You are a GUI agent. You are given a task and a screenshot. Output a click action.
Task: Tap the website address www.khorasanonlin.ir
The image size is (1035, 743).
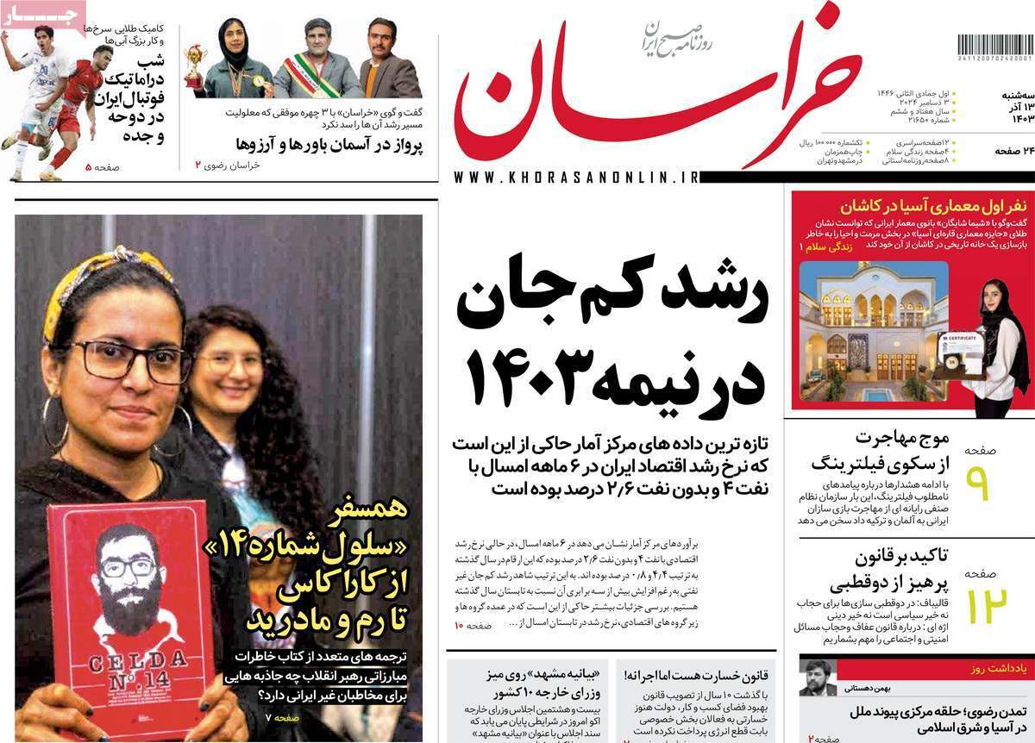(x=574, y=178)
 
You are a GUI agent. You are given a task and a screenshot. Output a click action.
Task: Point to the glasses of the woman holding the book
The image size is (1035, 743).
(x=129, y=360)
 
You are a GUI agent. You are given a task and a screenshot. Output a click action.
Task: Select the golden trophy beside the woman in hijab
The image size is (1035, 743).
(x=195, y=65)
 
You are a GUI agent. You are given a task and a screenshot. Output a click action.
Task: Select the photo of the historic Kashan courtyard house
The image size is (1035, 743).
(x=873, y=332)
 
